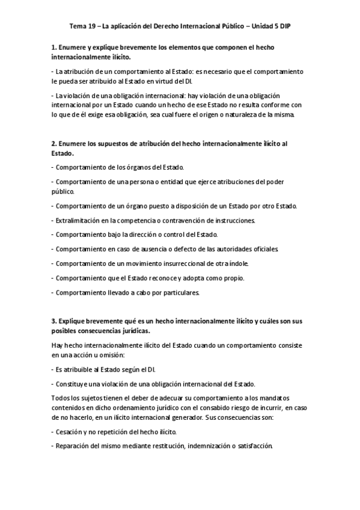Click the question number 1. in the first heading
coord(54,47)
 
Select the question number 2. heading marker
coord(54,144)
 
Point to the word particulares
coord(180,292)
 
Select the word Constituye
coord(74,384)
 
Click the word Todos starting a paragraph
coord(61,398)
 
